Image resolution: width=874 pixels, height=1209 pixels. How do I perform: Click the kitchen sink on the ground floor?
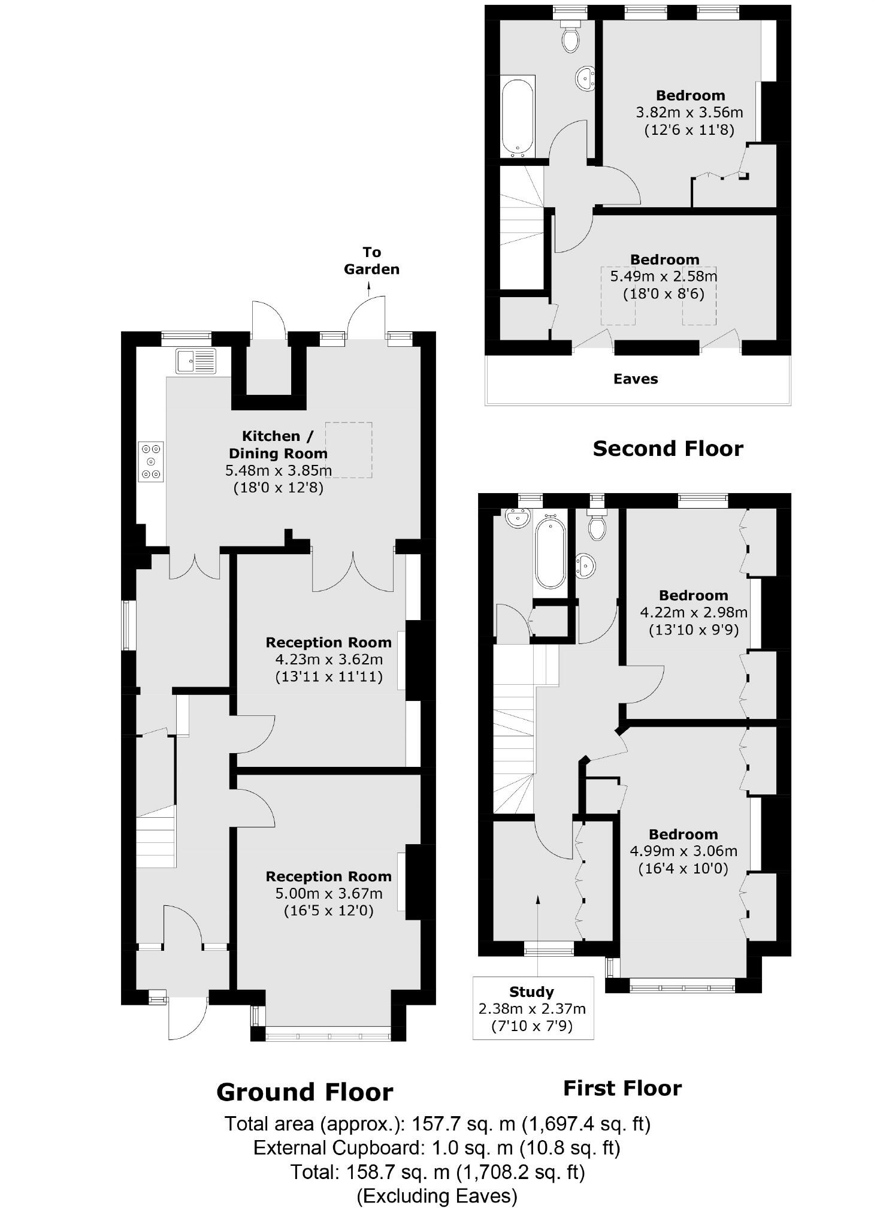(195, 361)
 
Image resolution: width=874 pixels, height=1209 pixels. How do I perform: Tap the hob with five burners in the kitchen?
(151, 461)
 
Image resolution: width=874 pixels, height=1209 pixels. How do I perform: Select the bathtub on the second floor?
(517, 117)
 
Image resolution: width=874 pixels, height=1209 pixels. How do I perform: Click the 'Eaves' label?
(635, 379)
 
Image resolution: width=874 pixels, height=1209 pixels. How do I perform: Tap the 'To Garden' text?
(371, 261)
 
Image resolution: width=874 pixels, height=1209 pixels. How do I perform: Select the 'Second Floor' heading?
(667, 448)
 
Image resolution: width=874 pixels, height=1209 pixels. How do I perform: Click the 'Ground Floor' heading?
(304, 1092)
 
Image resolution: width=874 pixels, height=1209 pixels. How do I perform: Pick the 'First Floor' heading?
(622, 1088)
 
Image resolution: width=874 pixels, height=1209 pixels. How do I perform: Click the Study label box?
(533, 1008)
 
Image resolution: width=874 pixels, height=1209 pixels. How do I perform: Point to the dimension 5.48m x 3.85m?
(278, 470)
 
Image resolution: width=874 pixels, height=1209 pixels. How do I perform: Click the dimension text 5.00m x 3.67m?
(328, 894)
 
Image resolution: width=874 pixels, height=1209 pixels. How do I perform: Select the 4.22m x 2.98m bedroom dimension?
(693, 612)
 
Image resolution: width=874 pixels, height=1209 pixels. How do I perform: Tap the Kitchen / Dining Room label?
(278, 445)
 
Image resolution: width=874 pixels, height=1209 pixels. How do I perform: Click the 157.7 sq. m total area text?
(437, 1123)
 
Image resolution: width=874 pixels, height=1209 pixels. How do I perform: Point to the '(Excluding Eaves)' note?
(437, 1196)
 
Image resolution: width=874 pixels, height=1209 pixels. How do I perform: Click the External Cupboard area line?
(437, 1147)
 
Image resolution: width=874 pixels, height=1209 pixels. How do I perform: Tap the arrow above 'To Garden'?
(368, 289)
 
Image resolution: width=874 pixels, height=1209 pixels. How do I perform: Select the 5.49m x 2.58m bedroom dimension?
(663, 276)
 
